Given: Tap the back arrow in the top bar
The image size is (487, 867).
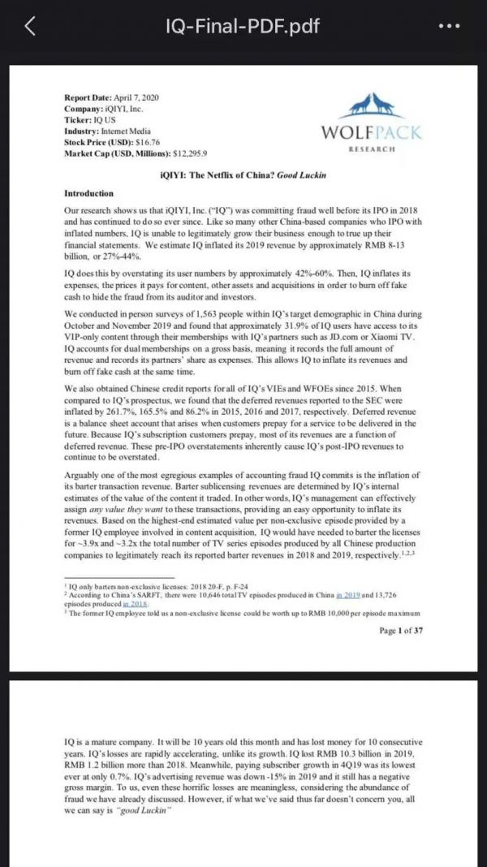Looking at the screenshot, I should pyautogui.click(x=31, y=26).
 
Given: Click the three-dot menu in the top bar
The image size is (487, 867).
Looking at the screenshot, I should pyautogui.click(x=448, y=26).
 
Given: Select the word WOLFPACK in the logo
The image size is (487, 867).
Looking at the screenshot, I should pyautogui.click(x=369, y=132).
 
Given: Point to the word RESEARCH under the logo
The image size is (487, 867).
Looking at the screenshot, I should pyautogui.click(x=371, y=149).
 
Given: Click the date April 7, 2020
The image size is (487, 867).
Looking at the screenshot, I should pyautogui.click(x=134, y=97).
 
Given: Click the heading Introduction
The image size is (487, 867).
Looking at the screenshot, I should pyautogui.click(x=89, y=193).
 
